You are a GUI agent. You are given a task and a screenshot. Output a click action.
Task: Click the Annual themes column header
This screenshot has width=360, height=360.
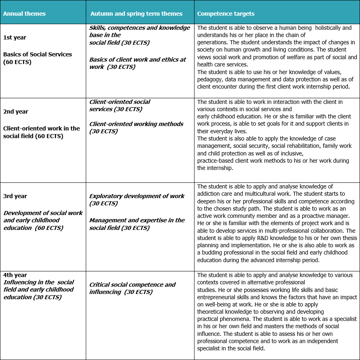tap(24, 14)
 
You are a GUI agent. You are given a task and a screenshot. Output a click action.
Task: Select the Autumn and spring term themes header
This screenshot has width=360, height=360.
tap(136, 14)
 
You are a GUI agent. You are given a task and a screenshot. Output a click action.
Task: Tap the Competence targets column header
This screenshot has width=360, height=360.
tap(226, 14)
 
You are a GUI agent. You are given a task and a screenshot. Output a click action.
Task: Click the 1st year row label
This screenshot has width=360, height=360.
tap(14, 37)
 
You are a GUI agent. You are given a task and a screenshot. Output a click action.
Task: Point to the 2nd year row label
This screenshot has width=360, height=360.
tap(16, 112)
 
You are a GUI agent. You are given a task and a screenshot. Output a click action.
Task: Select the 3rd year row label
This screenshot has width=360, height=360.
tap(15, 196)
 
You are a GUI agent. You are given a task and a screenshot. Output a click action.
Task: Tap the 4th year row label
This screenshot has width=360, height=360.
tap(15, 275)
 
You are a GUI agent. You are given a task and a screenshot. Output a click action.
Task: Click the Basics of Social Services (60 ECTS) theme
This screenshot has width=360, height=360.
tap(37, 58)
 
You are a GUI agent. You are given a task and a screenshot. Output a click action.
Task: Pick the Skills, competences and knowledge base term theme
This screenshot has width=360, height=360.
tap(139, 35)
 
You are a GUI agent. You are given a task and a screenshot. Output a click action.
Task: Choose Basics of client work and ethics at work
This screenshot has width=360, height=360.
tap(138, 63)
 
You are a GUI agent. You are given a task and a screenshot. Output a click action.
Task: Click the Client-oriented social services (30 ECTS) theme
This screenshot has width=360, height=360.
tap(120, 106)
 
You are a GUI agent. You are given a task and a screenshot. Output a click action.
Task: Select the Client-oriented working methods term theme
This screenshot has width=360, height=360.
tap(136, 127)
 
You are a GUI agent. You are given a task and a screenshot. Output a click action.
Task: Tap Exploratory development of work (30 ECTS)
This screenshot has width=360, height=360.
tap(137, 199)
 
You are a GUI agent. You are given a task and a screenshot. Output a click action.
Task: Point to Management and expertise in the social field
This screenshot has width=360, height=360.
tap(137, 224)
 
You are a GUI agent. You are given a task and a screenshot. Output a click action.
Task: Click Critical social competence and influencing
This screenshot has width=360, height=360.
tap(132, 288)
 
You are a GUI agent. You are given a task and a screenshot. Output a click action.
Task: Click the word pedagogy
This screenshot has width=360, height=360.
tap(211, 79)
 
